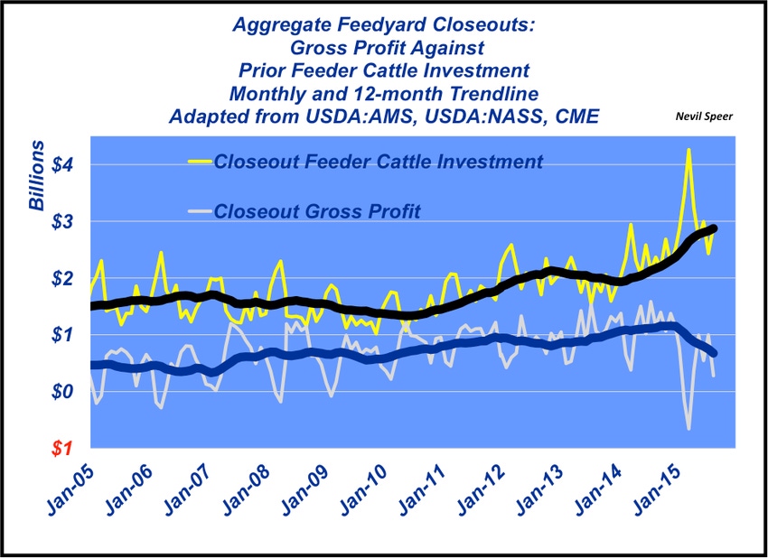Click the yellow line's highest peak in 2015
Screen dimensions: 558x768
click(688, 151)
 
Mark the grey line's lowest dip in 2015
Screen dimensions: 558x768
click(688, 428)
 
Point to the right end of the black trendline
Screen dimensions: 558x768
click(714, 228)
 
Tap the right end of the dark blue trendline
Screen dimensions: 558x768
click(714, 352)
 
